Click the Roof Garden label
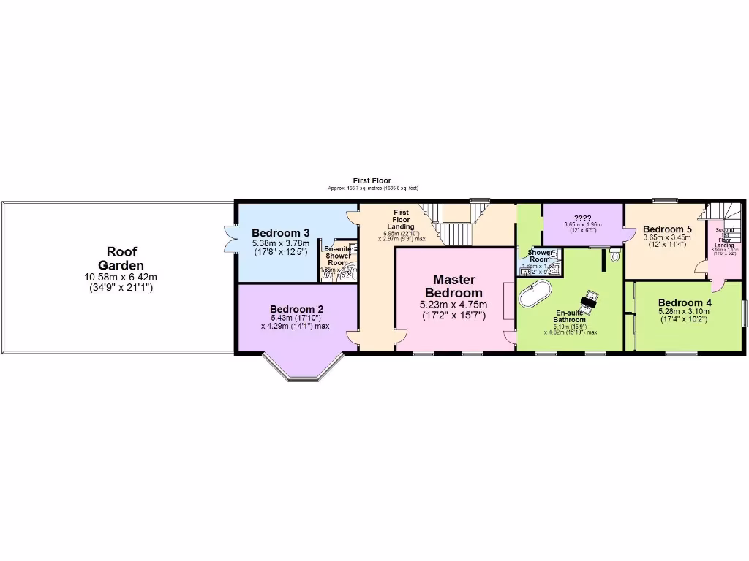[123, 259]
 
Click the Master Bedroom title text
[453, 286]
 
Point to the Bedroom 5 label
[667, 229]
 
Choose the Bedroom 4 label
[684, 302]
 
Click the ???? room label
[583, 218]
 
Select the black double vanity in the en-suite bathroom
[590, 300]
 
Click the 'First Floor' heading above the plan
[372, 180]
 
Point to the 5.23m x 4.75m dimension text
[453, 305]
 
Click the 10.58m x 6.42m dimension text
[123, 278]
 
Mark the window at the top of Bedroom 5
[665, 199]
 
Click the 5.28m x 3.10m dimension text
[684, 313]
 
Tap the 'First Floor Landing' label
[401, 219]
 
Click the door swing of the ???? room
[628, 234]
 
